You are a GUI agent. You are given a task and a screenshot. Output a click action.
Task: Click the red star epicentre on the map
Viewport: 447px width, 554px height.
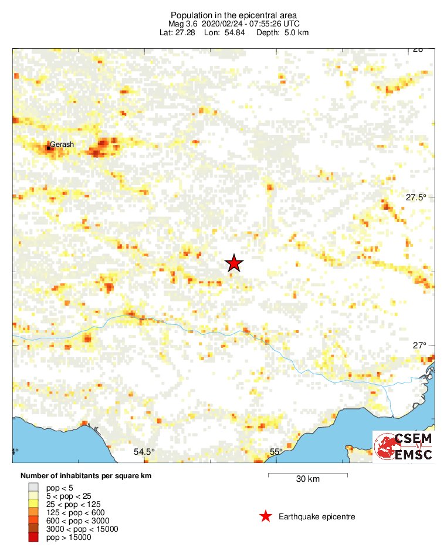[x=234, y=263]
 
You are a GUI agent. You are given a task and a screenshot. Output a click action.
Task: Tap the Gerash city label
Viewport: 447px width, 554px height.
[x=62, y=144]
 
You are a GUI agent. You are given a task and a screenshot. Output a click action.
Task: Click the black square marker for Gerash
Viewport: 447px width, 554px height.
[x=49, y=147]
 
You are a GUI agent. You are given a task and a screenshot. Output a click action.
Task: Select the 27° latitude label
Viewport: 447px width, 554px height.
[x=419, y=345]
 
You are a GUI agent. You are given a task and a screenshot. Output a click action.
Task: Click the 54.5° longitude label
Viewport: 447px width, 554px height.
[x=144, y=452]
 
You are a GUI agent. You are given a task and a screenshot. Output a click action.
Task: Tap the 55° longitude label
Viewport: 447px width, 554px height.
[x=276, y=452]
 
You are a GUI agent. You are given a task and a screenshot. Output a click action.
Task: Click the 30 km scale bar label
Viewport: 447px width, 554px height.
[x=307, y=479]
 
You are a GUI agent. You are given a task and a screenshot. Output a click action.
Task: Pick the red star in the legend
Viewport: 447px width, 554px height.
[x=266, y=516]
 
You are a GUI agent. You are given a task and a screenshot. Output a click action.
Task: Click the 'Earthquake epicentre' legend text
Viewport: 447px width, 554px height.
[x=317, y=517]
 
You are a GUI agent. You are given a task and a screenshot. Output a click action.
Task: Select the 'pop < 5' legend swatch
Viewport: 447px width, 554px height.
[x=33, y=487]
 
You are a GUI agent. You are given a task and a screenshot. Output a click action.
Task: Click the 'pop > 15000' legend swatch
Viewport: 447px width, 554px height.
[x=33, y=537]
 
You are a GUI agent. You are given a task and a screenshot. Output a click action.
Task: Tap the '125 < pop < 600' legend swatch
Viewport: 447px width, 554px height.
[x=33, y=512]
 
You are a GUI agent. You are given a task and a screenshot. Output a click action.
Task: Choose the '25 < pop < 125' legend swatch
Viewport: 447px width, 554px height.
[x=33, y=503]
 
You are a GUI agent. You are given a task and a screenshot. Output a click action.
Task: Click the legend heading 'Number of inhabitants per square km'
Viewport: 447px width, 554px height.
[x=86, y=476]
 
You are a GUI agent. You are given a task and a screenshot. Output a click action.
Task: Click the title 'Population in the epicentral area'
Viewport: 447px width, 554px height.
[x=233, y=15]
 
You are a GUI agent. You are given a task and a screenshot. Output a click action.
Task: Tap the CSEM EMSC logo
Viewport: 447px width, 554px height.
[x=404, y=446]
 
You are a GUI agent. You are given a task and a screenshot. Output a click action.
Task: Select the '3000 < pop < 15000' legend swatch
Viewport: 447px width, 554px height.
[x=33, y=529]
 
